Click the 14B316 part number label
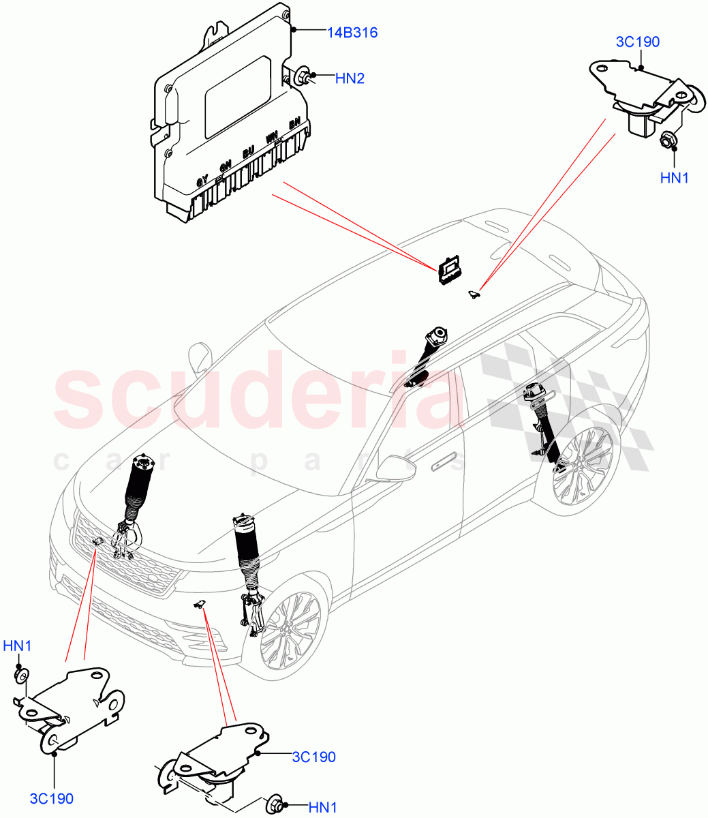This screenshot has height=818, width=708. pyautogui.click(x=352, y=32)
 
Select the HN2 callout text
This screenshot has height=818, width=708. pyautogui.click(x=350, y=78)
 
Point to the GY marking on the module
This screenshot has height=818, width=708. pyautogui.click(x=202, y=181)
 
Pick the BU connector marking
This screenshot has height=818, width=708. pyautogui.click(x=248, y=152)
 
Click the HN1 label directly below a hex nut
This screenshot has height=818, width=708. pyautogui.click(x=675, y=178)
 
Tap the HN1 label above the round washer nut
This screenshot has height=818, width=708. pyautogui.click(x=17, y=646)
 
